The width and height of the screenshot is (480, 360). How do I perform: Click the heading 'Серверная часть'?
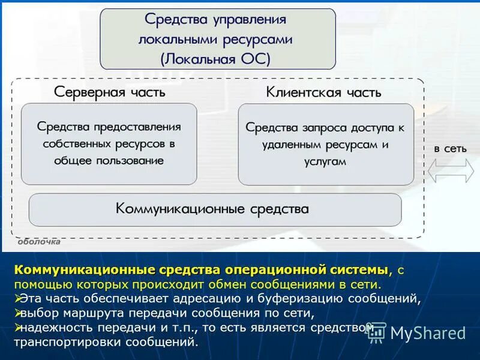tap(109, 92)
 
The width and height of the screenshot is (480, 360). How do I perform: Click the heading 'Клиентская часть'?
tap(323, 92)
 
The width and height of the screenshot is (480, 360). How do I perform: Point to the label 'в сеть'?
tap(450, 148)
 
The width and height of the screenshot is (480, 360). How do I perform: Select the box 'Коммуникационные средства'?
tap(215, 209)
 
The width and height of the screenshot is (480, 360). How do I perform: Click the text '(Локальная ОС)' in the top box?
tap(216, 58)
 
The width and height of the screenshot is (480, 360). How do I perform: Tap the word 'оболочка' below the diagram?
tap(39, 242)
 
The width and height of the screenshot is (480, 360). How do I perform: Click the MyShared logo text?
tap(427, 333)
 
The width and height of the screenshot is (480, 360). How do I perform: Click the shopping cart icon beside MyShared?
tap(377, 333)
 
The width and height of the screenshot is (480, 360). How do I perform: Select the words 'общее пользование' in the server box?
tap(109, 161)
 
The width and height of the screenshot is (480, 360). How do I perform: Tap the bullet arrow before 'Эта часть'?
tap(18, 298)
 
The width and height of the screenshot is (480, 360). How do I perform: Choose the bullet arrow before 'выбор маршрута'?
tap(18, 313)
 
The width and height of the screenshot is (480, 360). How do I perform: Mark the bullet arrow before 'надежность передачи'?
tap(18, 327)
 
